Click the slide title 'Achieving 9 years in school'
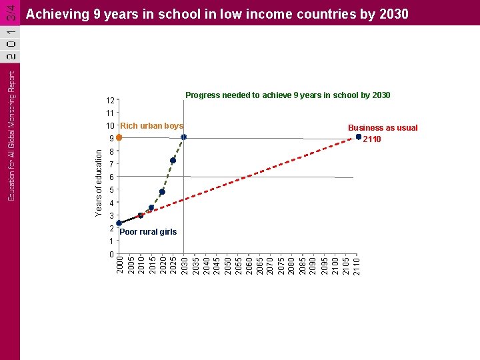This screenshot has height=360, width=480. [217, 13]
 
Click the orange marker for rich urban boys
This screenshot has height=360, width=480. [119, 137]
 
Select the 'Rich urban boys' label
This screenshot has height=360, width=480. [151, 126]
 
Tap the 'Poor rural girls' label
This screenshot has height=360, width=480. [148, 232]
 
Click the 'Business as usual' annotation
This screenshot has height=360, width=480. [383, 127]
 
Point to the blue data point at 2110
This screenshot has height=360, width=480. [358, 137]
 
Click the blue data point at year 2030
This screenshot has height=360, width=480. [183, 137]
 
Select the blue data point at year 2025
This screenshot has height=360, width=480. [173, 161]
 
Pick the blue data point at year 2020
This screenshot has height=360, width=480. [162, 192]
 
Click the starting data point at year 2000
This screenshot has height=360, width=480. [119, 223]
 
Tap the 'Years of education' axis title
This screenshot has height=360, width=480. [99, 182]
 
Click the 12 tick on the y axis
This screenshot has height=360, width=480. [110, 101]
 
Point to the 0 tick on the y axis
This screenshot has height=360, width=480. [111, 255]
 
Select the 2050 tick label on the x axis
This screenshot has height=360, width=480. [227, 263]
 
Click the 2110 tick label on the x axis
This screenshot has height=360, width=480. [357, 263]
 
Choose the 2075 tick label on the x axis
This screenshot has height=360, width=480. [281, 263]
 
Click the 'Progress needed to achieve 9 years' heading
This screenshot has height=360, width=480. [287, 95]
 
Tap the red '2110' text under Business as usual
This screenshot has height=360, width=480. [371, 139]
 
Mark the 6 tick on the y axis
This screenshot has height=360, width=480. [111, 177]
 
